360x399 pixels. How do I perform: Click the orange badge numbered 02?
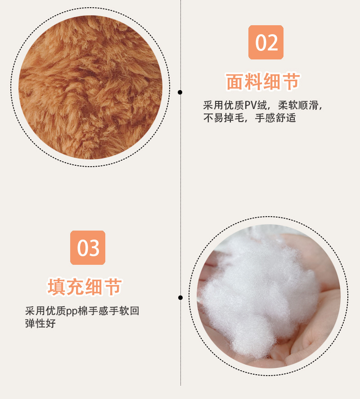click(x=266, y=42)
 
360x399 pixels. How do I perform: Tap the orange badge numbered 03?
click(x=88, y=247)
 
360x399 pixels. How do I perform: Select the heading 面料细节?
click(x=263, y=82)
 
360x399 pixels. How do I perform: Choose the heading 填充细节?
click(x=85, y=287)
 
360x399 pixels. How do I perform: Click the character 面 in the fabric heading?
click(x=235, y=82)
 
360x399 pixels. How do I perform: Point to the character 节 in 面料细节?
click(x=291, y=82)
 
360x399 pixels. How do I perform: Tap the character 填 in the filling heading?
click(x=57, y=287)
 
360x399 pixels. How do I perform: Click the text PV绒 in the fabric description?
click(x=256, y=106)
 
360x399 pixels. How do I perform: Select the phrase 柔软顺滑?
click(x=298, y=106)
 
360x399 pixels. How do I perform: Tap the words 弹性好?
click(x=40, y=323)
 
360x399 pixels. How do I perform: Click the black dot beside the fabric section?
click(x=180, y=92)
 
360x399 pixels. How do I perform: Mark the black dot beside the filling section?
click(x=180, y=297)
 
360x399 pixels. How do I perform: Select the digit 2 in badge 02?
click(x=273, y=42)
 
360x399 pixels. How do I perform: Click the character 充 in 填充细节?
click(x=76, y=287)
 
